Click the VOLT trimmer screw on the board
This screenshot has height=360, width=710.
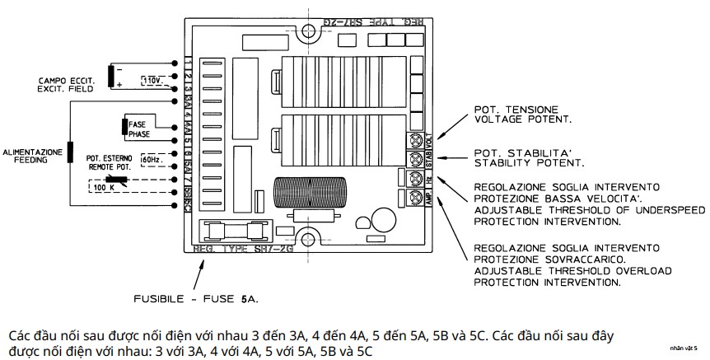coord(414,139)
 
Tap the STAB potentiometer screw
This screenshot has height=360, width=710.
coord(414,158)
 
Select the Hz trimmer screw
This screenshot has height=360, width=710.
coord(414,178)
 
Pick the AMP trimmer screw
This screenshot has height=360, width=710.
coord(414,198)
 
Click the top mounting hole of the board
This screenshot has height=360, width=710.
coord(310,32)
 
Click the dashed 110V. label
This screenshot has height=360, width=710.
coord(153,80)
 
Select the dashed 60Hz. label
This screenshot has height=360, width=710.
coord(152,157)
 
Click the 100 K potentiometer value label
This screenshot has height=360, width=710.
coord(105,187)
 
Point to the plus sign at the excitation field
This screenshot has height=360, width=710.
coord(119,84)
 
